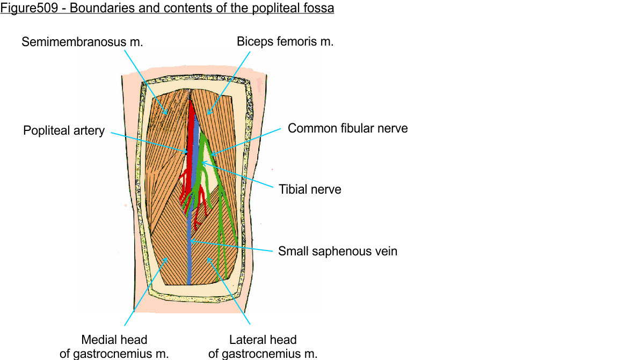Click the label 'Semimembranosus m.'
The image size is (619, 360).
82,42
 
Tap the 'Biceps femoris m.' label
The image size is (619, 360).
285,42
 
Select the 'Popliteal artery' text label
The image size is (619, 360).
64,131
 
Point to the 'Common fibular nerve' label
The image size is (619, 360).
347,128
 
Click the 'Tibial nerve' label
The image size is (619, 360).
310,189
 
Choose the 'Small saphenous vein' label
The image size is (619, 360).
337,251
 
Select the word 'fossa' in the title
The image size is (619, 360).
320,9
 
